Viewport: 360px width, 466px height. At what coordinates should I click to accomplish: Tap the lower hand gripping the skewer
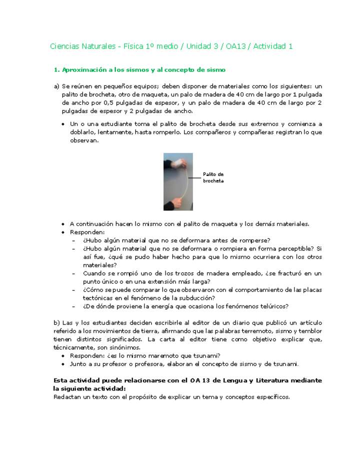point(180,202)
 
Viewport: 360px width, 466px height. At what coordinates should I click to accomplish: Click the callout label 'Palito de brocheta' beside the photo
point(213,177)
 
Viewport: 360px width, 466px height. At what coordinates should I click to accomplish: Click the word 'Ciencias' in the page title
point(63,46)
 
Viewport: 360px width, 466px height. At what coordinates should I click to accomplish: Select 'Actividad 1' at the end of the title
point(272,46)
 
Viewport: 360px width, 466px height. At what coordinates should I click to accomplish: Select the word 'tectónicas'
point(98,298)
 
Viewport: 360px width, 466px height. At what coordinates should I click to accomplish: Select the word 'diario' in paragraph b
point(214,322)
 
